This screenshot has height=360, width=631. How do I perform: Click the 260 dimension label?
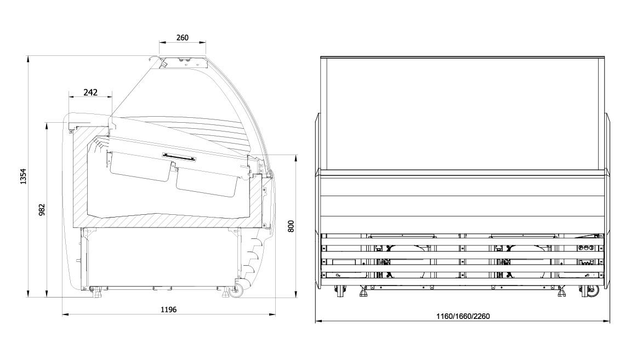pyautogui.click(x=183, y=37)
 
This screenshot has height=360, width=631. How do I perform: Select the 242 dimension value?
pyautogui.click(x=90, y=93)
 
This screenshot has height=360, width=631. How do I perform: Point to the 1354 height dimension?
pyautogui.click(x=24, y=176)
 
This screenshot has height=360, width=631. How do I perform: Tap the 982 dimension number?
pyautogui.click(x=42, y=209)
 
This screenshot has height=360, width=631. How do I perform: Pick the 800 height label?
pyautogui.click(x=291, y=226)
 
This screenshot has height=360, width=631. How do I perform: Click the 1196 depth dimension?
pyautogui.click(x=169, y=310)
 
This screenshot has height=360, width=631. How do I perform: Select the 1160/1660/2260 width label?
pyautogui.click(x=463, y=316)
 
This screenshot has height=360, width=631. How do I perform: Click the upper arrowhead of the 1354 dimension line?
pyautogui.click(x=28, y=59)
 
